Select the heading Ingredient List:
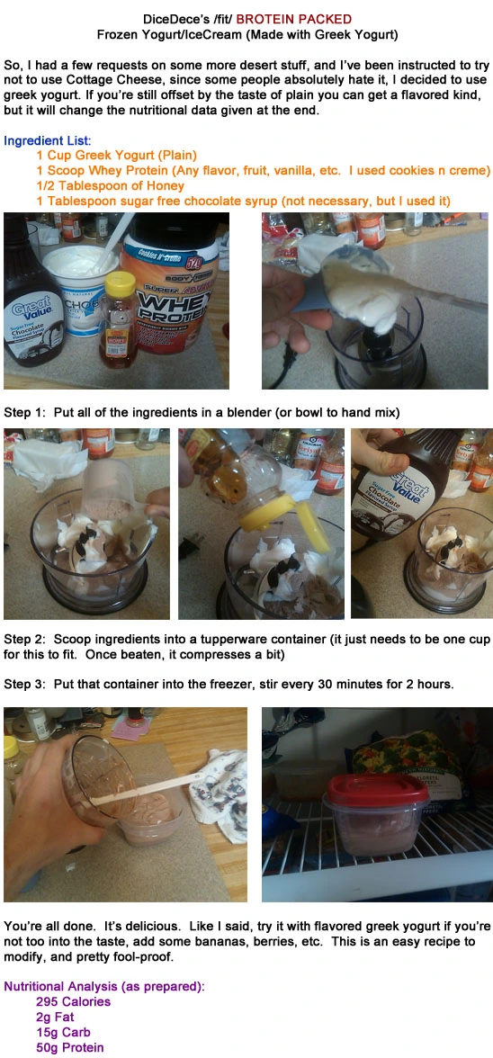47,141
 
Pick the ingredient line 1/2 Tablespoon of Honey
110,185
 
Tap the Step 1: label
27,413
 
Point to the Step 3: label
27,684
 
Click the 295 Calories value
73,1001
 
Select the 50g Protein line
69,1047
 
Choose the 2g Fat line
56,1017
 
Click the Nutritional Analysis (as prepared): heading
103,986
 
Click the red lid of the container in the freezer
376,789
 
